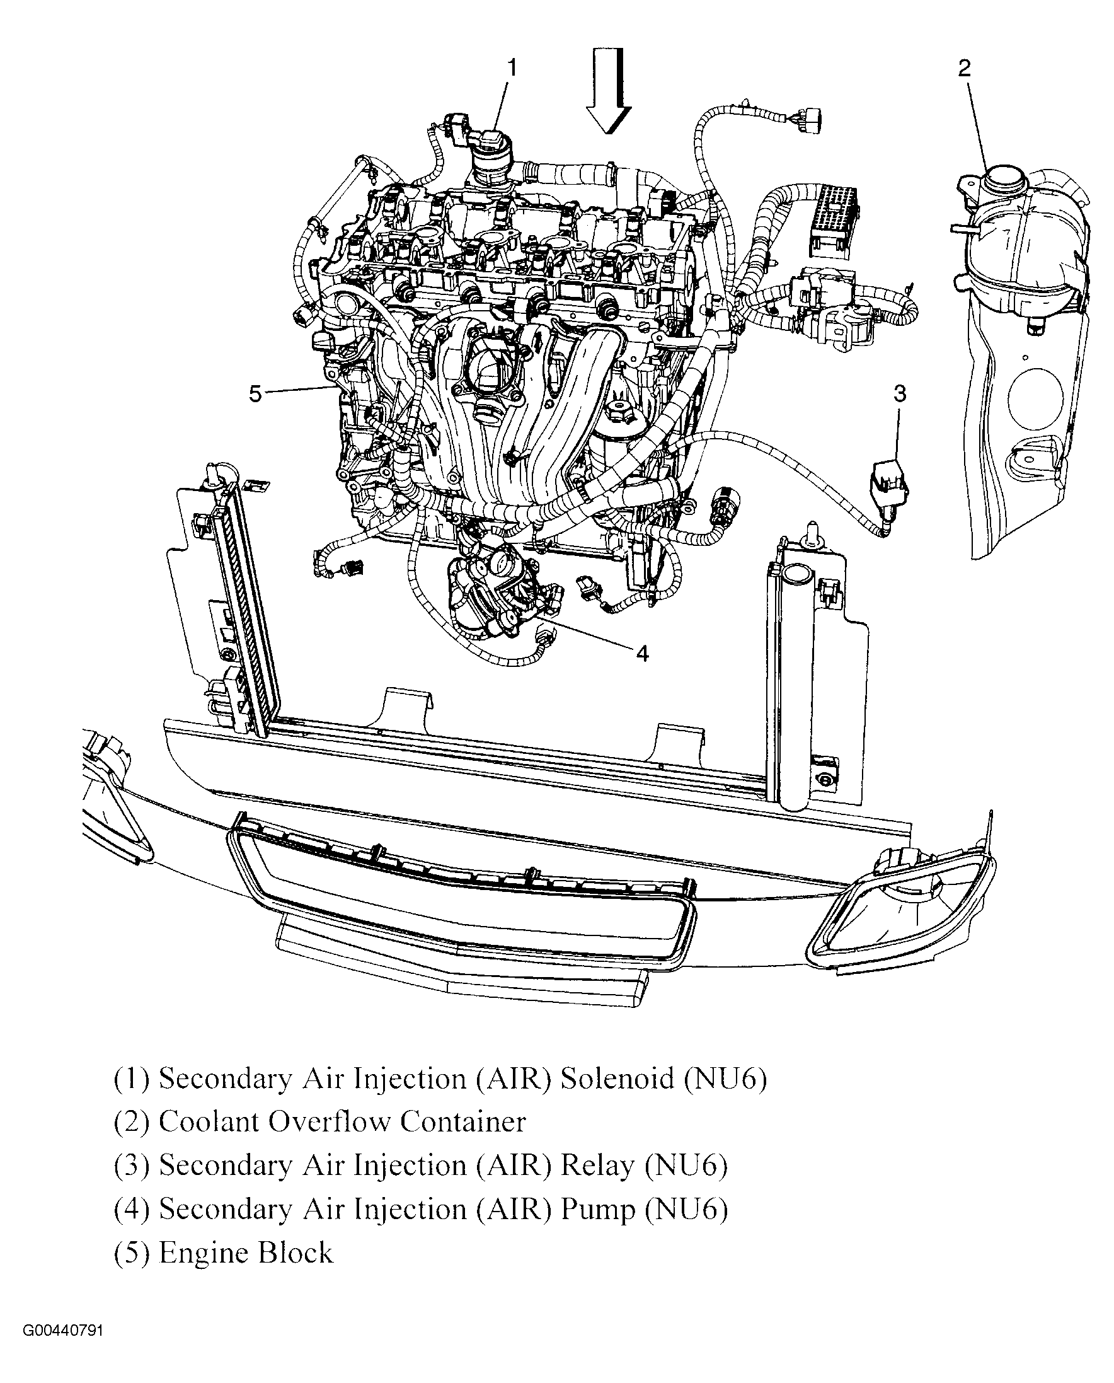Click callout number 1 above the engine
click(x=512, y=68)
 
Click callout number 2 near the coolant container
click(x=965, y=68)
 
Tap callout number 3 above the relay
click(x=900, y=393)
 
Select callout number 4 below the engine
click(x=642, y=654)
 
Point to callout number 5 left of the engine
click(x=255, y=393)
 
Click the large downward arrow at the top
click(x=608, y=92)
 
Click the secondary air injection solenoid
click(x=491, y=158)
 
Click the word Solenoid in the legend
click(x=618, y=1079)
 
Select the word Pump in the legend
click(x=598, y=1211)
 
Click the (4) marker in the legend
click(x=132, y=1210)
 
